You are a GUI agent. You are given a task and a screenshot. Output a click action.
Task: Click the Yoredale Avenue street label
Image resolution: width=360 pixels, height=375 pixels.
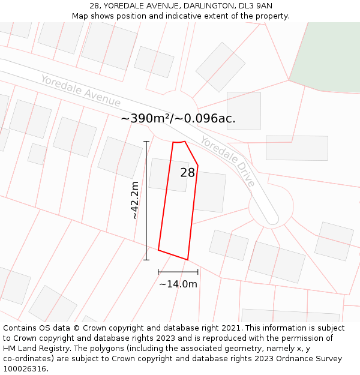point(80,91)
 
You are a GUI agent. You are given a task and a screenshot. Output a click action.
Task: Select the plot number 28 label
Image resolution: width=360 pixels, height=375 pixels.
point(187,173)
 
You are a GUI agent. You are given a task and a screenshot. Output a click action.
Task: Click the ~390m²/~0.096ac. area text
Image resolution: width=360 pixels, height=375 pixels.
point(178,118)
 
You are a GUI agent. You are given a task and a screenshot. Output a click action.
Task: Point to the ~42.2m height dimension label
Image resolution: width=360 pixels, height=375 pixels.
point(135,200)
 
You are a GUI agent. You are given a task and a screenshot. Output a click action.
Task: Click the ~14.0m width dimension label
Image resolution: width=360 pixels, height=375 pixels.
point(178,284)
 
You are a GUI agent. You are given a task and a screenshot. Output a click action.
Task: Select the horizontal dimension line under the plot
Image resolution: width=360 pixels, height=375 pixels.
point(178,272)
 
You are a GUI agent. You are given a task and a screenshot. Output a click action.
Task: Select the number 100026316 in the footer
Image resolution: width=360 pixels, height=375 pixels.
point(25,369)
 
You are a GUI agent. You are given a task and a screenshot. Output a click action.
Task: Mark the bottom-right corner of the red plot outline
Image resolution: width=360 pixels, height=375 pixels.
point(188,260)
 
